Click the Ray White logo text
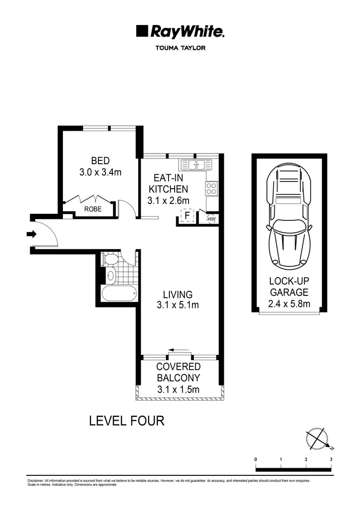[x=187, y=32]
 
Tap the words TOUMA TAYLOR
[x=180, y=48]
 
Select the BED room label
[x=100, y=160]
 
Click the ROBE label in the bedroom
[x=92, y=209]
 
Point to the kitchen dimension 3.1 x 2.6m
[x=168, y=200]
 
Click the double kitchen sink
[x=196, y=165]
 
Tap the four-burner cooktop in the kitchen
[x=212, y=189]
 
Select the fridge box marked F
[x=187, y=216]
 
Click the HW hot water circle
[x=211, y=219]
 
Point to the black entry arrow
[x=32, y=234]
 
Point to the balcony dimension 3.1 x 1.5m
[x=178, y=389]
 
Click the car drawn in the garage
[x=288, y=216]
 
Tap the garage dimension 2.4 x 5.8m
[x=288, y=303]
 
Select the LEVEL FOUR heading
[x=127, y=421]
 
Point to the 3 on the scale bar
[x=331, y=460]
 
